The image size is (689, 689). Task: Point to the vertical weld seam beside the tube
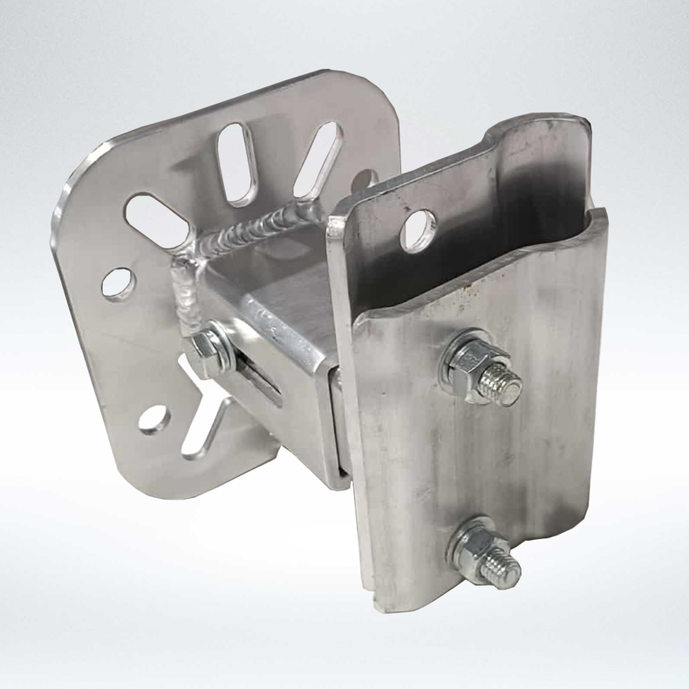pos(187,288)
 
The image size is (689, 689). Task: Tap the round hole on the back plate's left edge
pos(118,283)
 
